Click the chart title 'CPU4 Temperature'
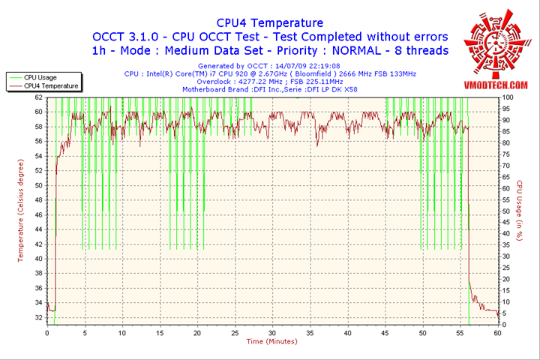270,22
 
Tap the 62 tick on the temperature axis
39,97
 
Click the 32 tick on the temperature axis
39,317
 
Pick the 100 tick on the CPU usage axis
507,97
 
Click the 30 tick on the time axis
271,331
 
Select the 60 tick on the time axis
496,331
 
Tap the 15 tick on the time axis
159,331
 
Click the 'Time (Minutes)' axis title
271,341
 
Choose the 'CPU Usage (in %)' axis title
519,211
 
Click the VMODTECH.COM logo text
493,86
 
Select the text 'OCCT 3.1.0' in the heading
126,36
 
